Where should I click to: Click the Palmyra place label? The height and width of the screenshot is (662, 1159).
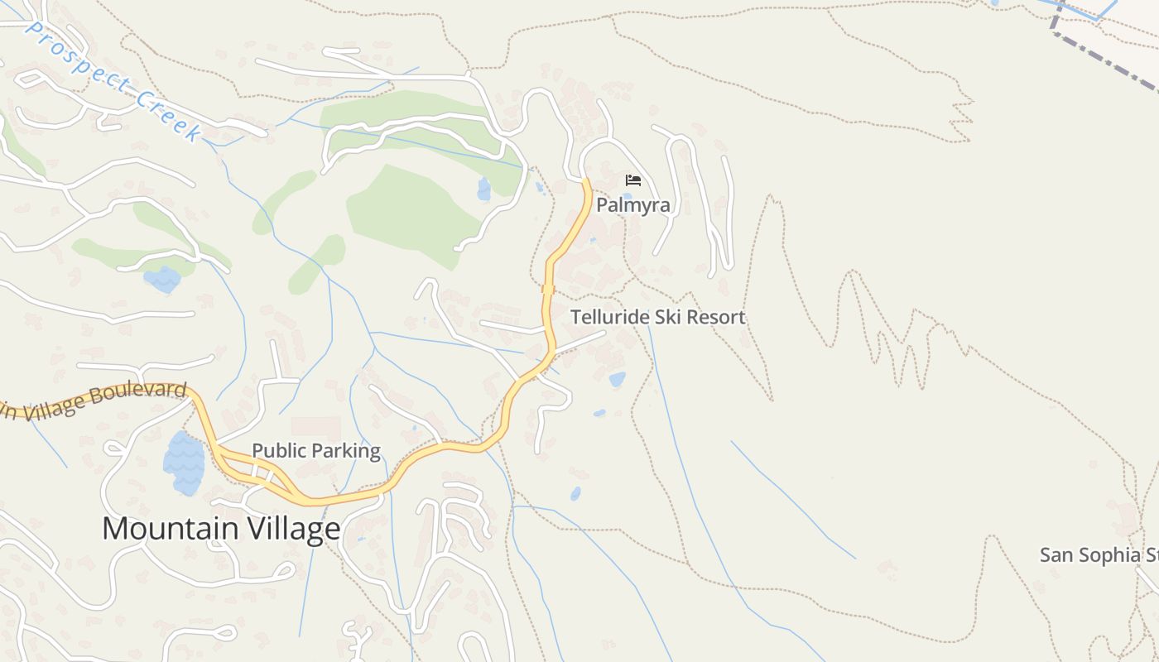633,205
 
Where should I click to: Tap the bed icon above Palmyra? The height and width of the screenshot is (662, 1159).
633,180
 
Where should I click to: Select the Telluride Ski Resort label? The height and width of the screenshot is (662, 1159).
658,317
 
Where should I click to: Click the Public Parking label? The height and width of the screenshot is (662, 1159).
316,451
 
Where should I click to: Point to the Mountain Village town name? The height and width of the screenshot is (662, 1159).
221,528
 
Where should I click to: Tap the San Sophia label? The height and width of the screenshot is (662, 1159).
1098,554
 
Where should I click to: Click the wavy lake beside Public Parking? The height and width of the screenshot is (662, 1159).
184,463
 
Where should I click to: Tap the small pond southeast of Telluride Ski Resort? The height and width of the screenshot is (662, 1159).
618,379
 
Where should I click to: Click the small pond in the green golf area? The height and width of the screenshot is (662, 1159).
483,189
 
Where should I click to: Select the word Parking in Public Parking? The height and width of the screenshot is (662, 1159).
349,451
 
